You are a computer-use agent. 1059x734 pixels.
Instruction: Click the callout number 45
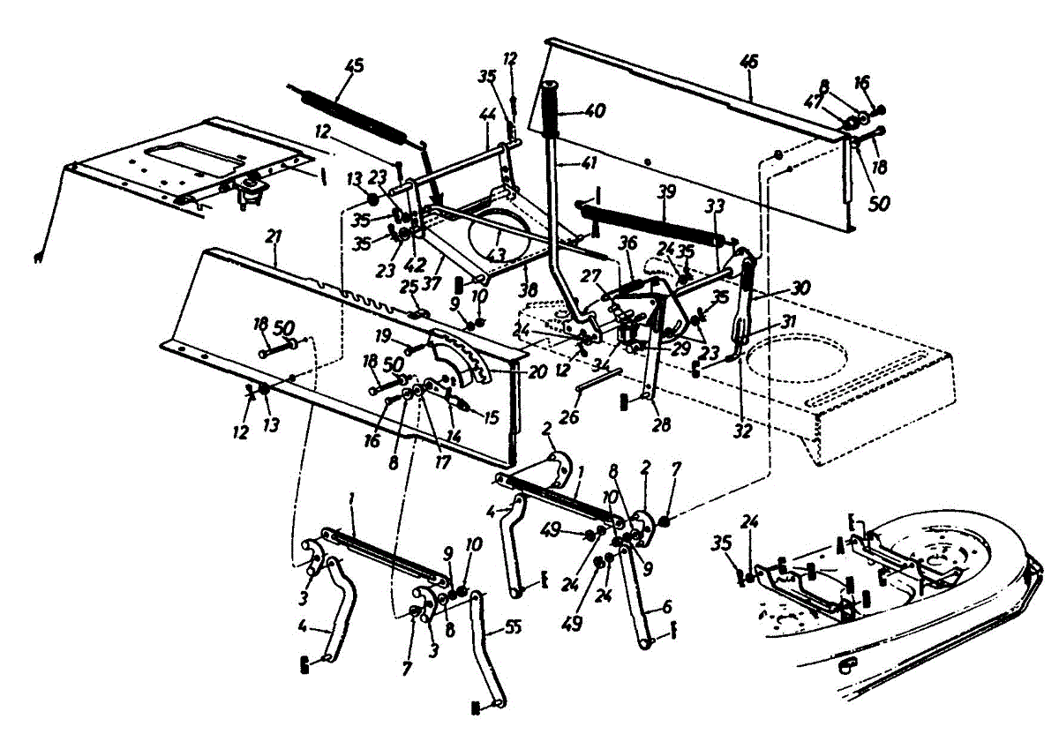pyautogui.click(x=355, y=65)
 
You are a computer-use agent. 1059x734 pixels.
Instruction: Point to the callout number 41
pyautogui.click(x=564, y=162)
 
